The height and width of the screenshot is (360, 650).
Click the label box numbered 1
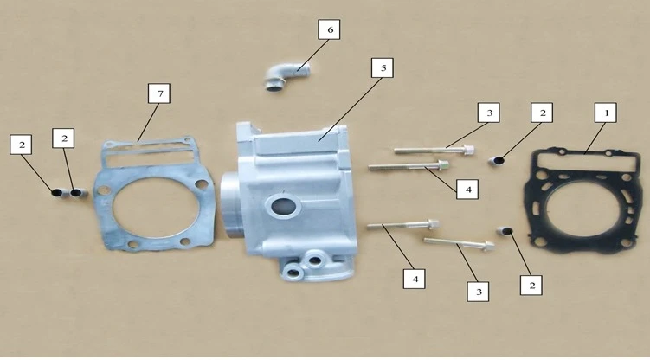(x=605, y=112)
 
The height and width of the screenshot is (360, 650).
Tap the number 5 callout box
(x=383, y=67)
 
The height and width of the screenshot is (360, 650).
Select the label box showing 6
(x=329, y=29)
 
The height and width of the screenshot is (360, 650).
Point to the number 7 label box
(x=159, y=93)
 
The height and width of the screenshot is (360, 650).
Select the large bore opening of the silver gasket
(x=156, y=207)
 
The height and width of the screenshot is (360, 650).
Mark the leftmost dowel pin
(x=59, y=193)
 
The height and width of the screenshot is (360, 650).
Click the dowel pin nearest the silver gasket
(x=79, y=193)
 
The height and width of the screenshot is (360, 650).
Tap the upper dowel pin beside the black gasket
(x=496, y=160)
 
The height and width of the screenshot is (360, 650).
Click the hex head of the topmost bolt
(x=469, y=149)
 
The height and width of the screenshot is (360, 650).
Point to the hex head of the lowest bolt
(x=489, y=246)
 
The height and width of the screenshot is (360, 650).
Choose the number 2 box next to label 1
(x=542, y=112)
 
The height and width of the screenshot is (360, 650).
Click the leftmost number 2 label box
(x=21, y=145)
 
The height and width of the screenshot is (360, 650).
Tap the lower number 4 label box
(x=415, y=279)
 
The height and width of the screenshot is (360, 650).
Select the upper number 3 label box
(x=489, y=112)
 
